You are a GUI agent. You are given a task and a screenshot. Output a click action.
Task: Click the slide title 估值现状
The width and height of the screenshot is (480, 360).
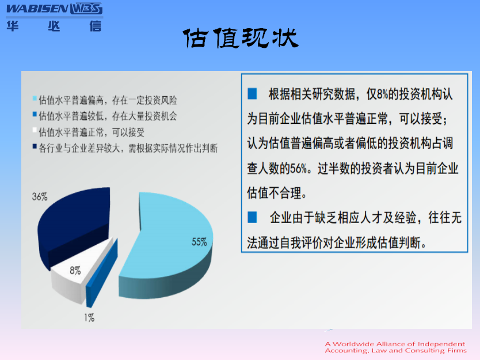[x=241, y=38]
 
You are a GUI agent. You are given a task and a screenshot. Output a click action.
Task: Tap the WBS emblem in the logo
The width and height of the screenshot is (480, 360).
[x=86, y=9]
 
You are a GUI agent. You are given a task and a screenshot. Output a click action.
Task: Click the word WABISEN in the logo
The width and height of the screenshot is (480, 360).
[x=37, y=9]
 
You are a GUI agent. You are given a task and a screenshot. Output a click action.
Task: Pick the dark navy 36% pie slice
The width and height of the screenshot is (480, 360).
[x=74, y=228]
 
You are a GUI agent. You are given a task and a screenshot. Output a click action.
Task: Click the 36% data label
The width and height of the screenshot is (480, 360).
[x=40, y=196]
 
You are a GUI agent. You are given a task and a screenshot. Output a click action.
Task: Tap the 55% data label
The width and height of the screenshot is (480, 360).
[x=199, y=242]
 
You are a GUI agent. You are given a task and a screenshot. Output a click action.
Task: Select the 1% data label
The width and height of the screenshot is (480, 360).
[x=89, y=318]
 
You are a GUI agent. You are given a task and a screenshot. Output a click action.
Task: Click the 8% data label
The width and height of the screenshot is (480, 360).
[x=75, y=271]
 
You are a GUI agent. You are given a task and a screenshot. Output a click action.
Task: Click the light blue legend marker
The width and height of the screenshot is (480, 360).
[x=35, y=98]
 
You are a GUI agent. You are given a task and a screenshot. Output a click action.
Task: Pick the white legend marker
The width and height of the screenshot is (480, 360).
[x=35, y=130]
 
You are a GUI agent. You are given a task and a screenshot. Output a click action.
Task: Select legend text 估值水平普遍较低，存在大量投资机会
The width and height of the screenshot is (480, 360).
[x=108, y=116]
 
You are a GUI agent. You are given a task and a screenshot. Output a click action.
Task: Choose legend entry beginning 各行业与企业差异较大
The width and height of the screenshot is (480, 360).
[x=128, y=148]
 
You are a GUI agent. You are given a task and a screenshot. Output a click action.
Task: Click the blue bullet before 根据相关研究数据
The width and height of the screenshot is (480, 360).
[x=252, y=94]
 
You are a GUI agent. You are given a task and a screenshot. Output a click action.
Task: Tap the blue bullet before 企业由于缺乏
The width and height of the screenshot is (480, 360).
[x=252, y=217]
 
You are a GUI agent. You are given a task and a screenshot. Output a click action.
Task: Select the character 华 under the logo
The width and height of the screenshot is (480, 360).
[x=13, y=26]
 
